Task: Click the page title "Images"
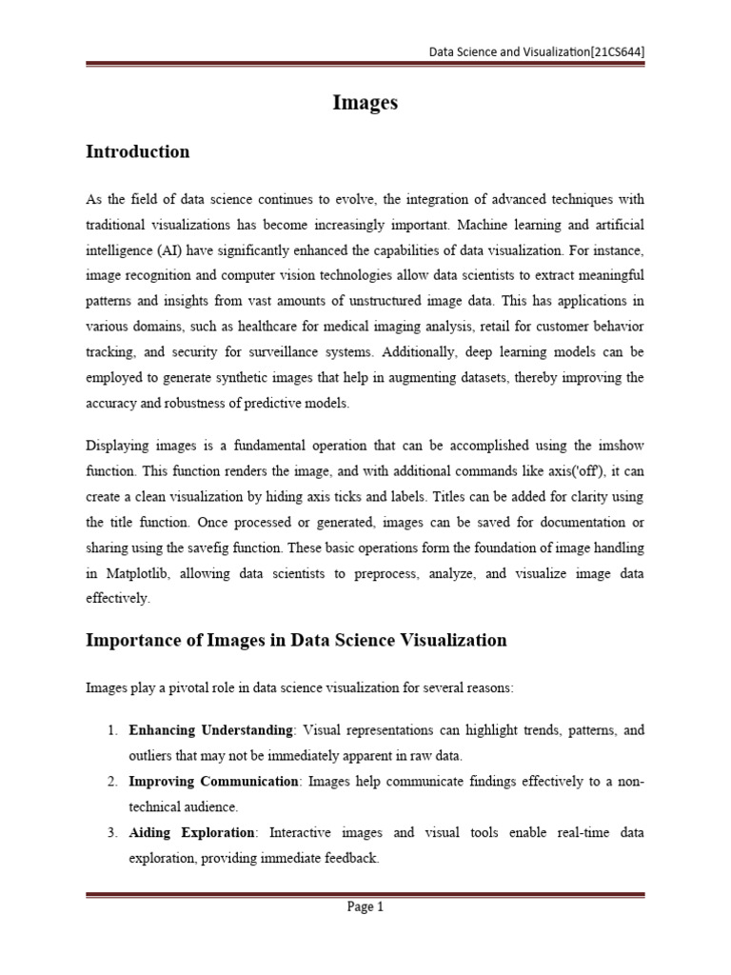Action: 365,104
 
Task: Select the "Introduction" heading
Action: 137,152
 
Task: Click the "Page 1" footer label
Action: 365,907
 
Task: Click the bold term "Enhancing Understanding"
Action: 210,730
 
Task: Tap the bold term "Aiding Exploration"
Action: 191,833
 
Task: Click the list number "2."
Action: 111,782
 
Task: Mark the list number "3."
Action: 111,833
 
